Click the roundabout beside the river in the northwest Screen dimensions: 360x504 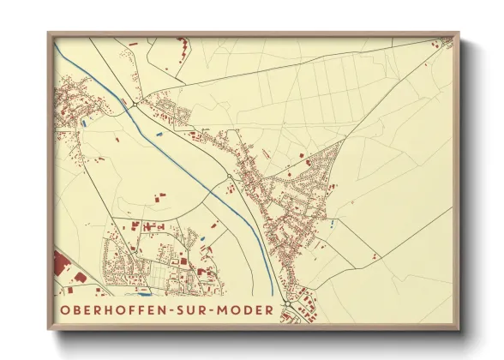coord(136,105)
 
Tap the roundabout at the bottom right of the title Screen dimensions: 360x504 coord(289,309)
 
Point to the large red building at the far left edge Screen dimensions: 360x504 coord(62,266)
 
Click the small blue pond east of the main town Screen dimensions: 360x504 coord(332,224)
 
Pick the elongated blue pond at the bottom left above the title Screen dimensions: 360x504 coord(142,292)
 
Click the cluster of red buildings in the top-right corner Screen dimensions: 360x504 coord(444,42)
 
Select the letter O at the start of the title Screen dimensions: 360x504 coord(64,309)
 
